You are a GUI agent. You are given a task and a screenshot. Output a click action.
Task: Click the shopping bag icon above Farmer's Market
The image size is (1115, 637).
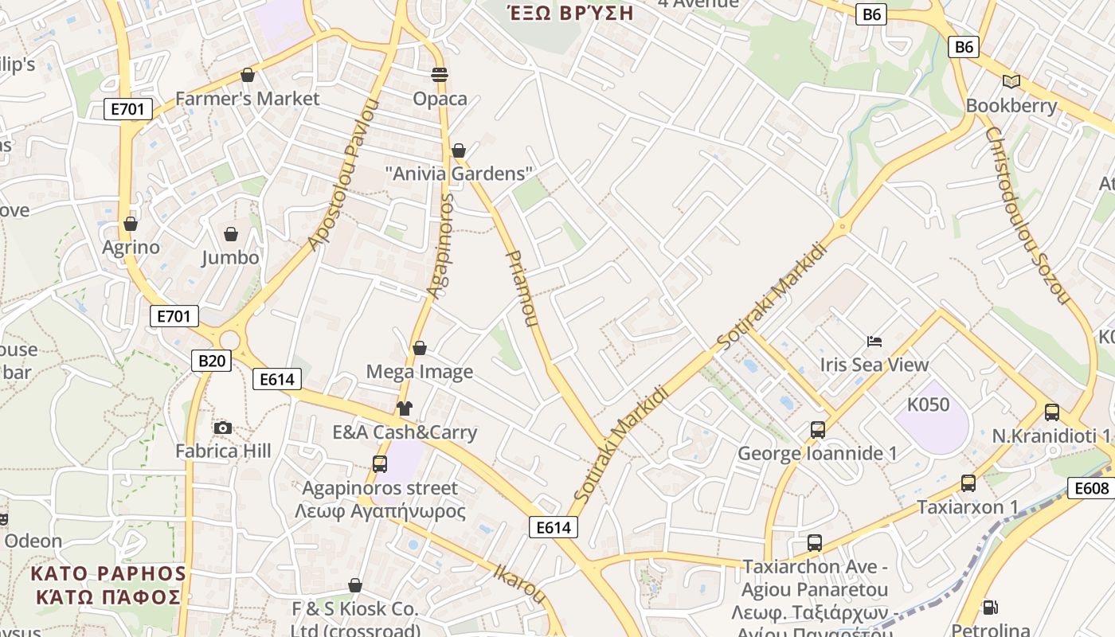pos(248,75)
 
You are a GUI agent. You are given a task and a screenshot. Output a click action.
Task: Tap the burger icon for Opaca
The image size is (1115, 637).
pos(440,75)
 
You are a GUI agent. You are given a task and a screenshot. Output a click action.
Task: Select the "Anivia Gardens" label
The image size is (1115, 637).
pos(458,174)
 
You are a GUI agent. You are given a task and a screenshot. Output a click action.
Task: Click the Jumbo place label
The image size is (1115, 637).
pos(230,257)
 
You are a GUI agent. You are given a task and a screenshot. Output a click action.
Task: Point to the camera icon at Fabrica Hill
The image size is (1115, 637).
pos(223,428)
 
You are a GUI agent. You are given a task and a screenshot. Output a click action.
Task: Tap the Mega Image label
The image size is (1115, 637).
pos(419,372)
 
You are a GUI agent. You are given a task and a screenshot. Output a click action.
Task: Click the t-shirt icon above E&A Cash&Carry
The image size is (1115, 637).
pos(405,408)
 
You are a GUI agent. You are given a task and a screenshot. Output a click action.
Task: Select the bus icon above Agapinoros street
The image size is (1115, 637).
pos(380,464)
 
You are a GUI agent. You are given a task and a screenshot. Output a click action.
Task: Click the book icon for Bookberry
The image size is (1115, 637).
pos(1011,81)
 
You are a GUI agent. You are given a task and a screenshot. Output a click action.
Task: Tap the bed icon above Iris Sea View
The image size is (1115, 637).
pos(874,342)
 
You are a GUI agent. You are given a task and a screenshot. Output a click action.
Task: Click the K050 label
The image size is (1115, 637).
pos(929,404)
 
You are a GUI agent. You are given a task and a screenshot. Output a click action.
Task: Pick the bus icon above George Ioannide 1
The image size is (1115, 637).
pos(817,430)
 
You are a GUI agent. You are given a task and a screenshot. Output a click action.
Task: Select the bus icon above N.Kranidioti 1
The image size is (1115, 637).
pos(1051,412)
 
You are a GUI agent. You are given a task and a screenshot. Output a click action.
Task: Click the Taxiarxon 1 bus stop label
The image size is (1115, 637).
pos(968,507)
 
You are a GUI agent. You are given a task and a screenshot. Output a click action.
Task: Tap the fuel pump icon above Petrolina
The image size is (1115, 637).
pos(990,608)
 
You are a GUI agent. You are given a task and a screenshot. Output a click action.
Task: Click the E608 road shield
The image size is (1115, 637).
pos(1090,488)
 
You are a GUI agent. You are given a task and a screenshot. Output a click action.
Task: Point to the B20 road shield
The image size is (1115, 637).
pos(211,361)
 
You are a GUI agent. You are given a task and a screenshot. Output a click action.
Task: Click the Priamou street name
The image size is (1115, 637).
pos(522,289)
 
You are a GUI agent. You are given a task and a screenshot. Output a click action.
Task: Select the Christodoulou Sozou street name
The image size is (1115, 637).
pos(1026,215)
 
